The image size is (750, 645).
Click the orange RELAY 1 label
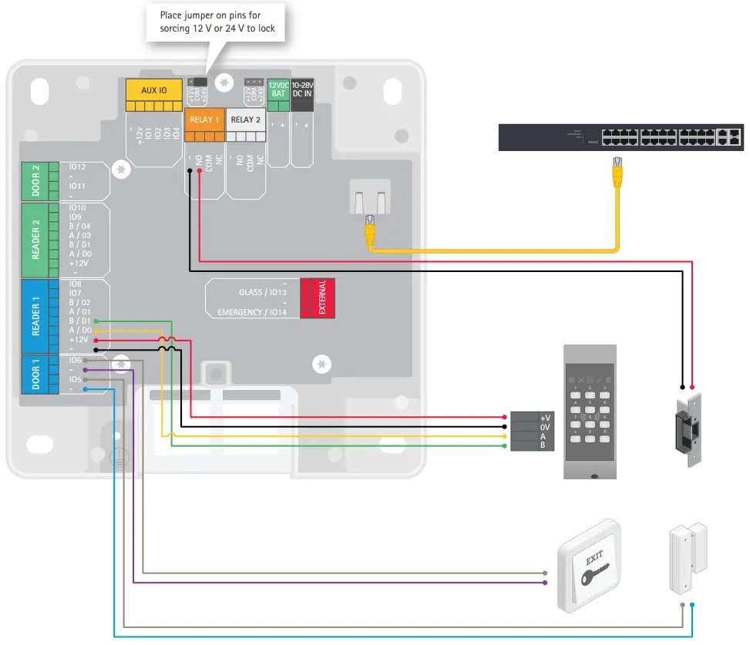203,119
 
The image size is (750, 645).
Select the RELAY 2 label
245,119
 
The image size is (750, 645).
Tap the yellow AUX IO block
154,90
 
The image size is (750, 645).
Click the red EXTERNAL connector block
314,297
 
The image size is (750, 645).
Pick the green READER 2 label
35,240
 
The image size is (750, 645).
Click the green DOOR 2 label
35,180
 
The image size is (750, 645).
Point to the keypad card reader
590,412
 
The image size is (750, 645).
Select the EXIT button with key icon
590,566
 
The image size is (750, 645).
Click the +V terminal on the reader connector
544,417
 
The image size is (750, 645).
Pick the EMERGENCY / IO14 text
252,312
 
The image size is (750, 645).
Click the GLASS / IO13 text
263,292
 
